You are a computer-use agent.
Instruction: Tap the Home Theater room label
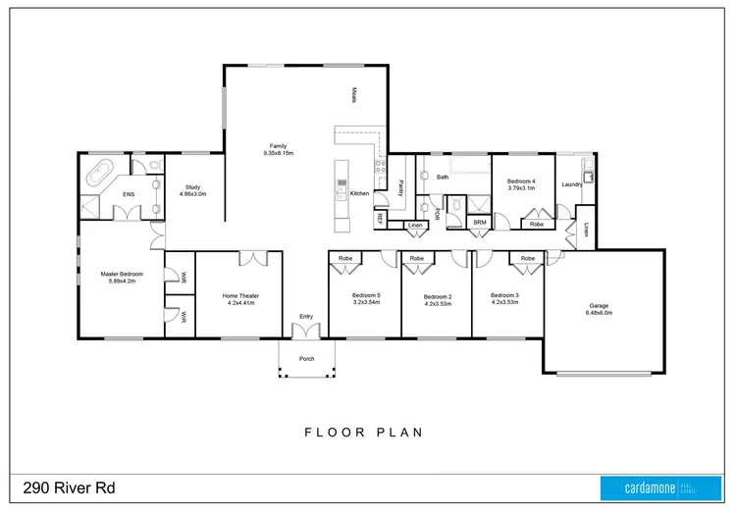tap(239, 295)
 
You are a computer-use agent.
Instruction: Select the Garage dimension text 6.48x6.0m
tap(599, 313)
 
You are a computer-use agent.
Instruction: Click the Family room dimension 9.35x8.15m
tap(279, 154)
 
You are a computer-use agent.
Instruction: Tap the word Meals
tap(354, 94)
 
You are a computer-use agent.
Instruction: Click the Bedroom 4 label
tap(520, 180)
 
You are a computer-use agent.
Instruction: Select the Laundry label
tap(572, 184)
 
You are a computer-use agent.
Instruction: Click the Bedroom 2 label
tap(437, 296)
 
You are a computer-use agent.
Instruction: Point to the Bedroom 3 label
tap(503, 295)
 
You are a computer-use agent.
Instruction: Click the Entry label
tap(306, 316)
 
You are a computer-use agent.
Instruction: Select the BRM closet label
tap(479, 223)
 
